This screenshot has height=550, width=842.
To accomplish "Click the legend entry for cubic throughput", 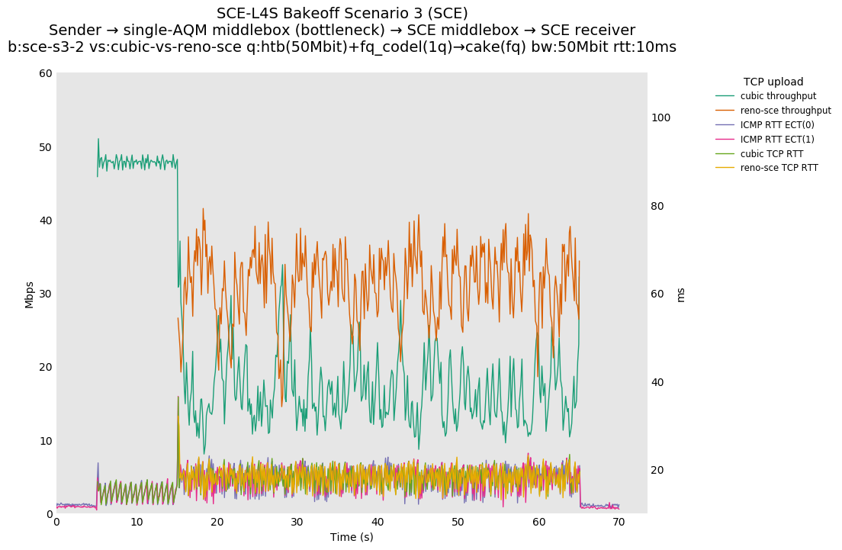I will [x=778, y=96].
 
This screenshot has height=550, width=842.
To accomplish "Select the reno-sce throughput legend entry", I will [x=786, y=111].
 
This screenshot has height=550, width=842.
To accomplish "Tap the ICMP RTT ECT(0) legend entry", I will [x=777, y=124].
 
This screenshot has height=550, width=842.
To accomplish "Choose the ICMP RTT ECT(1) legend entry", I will [x=777, y=139].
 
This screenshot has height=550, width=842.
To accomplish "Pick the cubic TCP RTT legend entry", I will [x=771, y=153].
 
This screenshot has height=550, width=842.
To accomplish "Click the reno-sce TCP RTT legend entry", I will [x=779, y=168].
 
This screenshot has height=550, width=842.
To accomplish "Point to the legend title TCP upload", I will [x=773, y=82].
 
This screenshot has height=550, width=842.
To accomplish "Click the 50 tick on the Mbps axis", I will [x=46, y=147].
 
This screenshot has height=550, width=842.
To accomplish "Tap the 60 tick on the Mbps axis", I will [x=46, y=73].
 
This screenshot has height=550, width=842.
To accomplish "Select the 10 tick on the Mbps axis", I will [x=46, y=441].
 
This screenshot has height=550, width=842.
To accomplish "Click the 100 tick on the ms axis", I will [x=660, y=117].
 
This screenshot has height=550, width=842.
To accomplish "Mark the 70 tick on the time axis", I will [x=619, y=523].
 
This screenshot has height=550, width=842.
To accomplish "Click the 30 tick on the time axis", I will [x=297, y=523].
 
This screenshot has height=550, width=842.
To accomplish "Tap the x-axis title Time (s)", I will [x=352, y=537].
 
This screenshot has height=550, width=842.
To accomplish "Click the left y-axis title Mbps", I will [x=30, y=294].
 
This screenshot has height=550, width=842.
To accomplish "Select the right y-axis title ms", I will [x=681, y=294].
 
